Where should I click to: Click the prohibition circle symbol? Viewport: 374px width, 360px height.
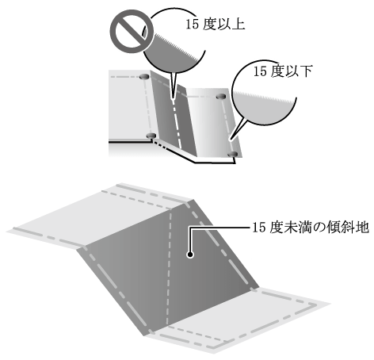point(132,32)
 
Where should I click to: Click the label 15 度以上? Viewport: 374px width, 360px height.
point(216,25)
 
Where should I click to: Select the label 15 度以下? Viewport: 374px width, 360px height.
point(283,71)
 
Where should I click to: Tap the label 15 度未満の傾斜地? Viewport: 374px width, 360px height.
point(311,228)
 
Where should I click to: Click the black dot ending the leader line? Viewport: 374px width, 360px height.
point(190,255)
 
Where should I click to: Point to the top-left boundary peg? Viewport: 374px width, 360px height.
point(144,77)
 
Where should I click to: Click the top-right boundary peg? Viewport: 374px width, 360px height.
point(221,97)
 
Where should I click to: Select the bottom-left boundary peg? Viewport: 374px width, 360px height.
point(151,136)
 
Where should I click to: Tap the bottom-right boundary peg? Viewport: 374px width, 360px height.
point(233,154)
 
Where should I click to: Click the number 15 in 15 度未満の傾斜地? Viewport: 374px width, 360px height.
point(259,228)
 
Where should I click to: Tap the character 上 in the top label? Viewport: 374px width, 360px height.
point(239,25)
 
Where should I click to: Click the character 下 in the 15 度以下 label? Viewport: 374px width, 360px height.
point(306,71)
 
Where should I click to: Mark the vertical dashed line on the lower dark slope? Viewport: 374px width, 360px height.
point(169,267)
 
